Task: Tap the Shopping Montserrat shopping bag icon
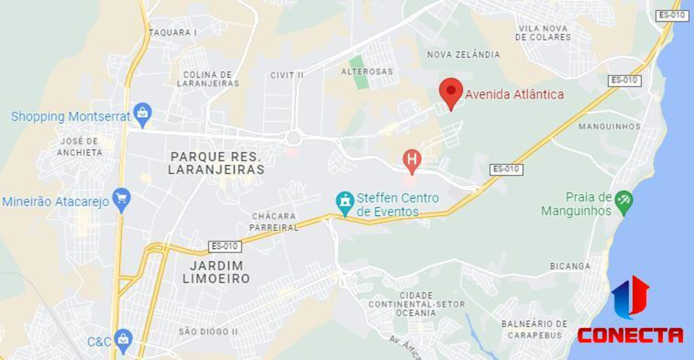coord(142,114)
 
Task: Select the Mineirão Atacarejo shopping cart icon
coord(122,200)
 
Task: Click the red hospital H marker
coord(412,161)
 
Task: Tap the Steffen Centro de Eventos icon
coord(344,203)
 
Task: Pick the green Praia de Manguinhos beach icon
coord(623,202)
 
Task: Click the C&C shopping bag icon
coord(124,340)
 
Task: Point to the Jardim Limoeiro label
coord(216,272)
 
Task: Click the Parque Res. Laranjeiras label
coord(217,162)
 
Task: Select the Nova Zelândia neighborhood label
coord(463,54)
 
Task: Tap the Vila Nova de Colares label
coord(543,33)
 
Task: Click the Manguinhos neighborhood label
coord(609,126)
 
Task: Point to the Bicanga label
coord(570,266)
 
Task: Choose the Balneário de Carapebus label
coord(534,329)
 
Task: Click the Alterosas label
coord(366,71)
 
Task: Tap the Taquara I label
coord(173,32)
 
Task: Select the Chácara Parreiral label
coord(275,222)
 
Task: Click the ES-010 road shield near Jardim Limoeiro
coord(225,246)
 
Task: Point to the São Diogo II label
coord(208,332)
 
